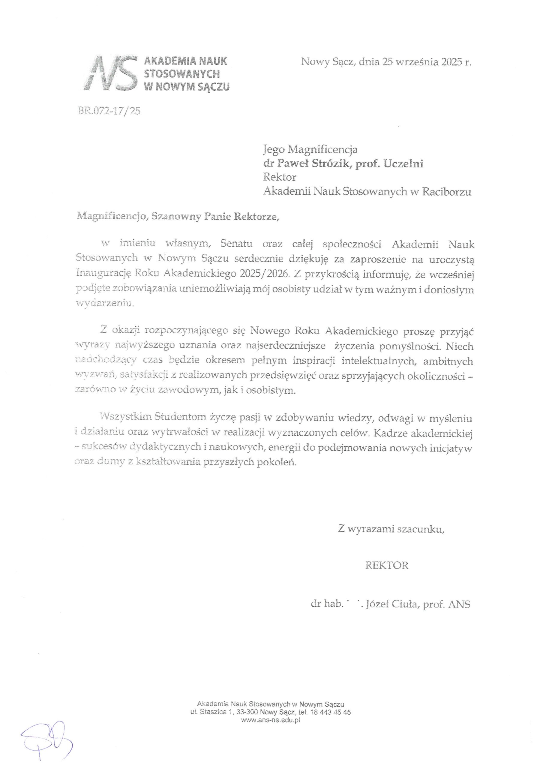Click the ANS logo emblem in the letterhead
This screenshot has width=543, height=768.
[x=111, y=73]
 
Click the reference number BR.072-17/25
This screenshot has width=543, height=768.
[x=109, y=111]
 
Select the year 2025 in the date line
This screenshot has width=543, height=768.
[x=447, y=62]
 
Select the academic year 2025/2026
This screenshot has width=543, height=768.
[x=264, y=274]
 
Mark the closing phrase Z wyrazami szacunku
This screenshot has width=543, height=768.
[x=391, y=529]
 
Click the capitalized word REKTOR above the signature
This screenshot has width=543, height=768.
[x=387, y=565]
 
